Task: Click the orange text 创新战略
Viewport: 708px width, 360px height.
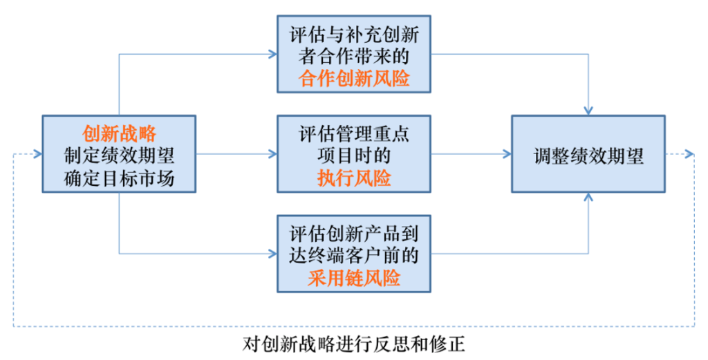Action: tap(119, 133)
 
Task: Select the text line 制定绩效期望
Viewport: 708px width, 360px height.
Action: tap(119, 155)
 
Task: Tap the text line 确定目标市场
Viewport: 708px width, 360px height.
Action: tap(119, 178)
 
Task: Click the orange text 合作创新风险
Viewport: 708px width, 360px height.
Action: tap(354, 79)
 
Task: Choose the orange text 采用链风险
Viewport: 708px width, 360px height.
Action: tap(354, 278)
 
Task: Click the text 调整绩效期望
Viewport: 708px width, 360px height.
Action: tap(588, 156)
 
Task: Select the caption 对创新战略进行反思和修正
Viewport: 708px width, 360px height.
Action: tap(353, 344)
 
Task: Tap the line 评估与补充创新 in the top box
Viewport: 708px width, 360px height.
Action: tap(354, 35)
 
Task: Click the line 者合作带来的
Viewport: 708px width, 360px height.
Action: tap(354, 57)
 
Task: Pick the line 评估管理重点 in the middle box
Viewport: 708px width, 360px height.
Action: tap(354, 134)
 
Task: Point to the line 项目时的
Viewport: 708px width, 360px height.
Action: tap(354, 155)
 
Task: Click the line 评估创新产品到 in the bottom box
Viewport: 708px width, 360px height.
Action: tap(354, 234)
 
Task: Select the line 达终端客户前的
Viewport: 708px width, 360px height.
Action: tap(354, 256)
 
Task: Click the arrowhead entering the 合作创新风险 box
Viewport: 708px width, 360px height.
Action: tap(272, 54)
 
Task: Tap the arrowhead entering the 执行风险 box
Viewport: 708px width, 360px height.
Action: tap(272, 154)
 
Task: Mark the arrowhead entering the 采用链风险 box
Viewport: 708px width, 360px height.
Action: tap(272, 254)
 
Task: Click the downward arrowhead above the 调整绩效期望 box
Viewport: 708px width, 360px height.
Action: tap(588, 111)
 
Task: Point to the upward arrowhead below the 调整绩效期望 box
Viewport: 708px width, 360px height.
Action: tap(588, 197)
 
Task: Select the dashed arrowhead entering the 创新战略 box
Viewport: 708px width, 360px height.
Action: tap(38, 154)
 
